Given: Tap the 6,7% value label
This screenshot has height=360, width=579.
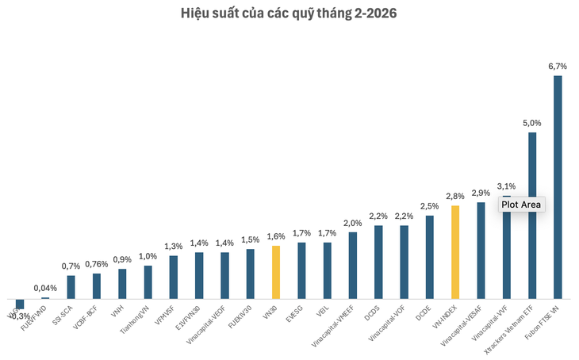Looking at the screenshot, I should coord(557,67).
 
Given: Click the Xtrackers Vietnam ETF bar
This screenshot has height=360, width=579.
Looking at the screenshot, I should coord(532,214).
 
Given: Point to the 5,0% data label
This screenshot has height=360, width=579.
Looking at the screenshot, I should coord(531,123).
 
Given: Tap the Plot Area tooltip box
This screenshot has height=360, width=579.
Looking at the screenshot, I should coord(521,205).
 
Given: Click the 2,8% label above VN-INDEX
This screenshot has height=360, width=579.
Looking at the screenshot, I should coord(455,196).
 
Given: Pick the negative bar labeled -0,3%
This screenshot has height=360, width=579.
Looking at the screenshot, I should coord(20,303).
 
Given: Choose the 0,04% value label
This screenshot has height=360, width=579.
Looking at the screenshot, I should coord(45,288).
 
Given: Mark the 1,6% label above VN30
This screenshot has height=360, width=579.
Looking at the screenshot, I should coord(276,236).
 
